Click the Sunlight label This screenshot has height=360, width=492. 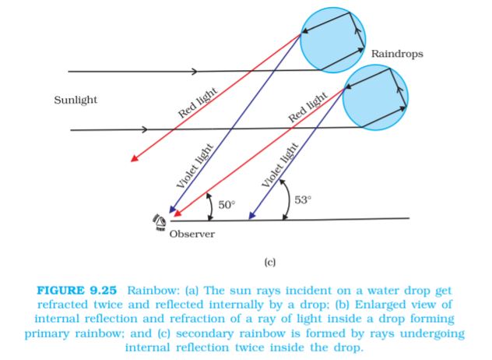pos(76,101)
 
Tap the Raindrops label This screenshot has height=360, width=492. pos(397,55)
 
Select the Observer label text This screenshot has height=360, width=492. pos(192,234)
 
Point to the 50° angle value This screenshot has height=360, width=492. pos(226,205)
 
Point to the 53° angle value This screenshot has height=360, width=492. pos(302,199)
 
